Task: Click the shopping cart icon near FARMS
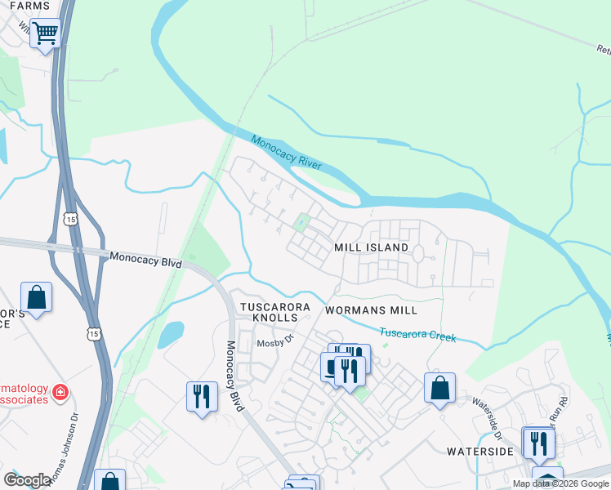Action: [x=45, y=34]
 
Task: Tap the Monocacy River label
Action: [x=286, y=153]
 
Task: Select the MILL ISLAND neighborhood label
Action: [x=371, y=247]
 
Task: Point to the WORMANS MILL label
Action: [x=371, y=310]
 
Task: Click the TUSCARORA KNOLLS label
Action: [x=274, y=312]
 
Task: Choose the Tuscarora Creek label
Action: [x=417, y=334]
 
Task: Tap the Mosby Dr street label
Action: [x=275, y=342]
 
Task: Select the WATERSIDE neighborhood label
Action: [x=479, y=451]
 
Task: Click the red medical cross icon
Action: [x=60, y=393]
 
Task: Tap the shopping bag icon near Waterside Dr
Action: [x=439, y=388]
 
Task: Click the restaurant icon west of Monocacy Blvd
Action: [x=202, y=397]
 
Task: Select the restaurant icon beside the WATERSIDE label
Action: [x=538, y=443]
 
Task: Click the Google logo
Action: [x=27, y=480]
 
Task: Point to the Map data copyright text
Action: [x=560, y=483]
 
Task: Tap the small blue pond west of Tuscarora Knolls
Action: [x=172, y=334]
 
